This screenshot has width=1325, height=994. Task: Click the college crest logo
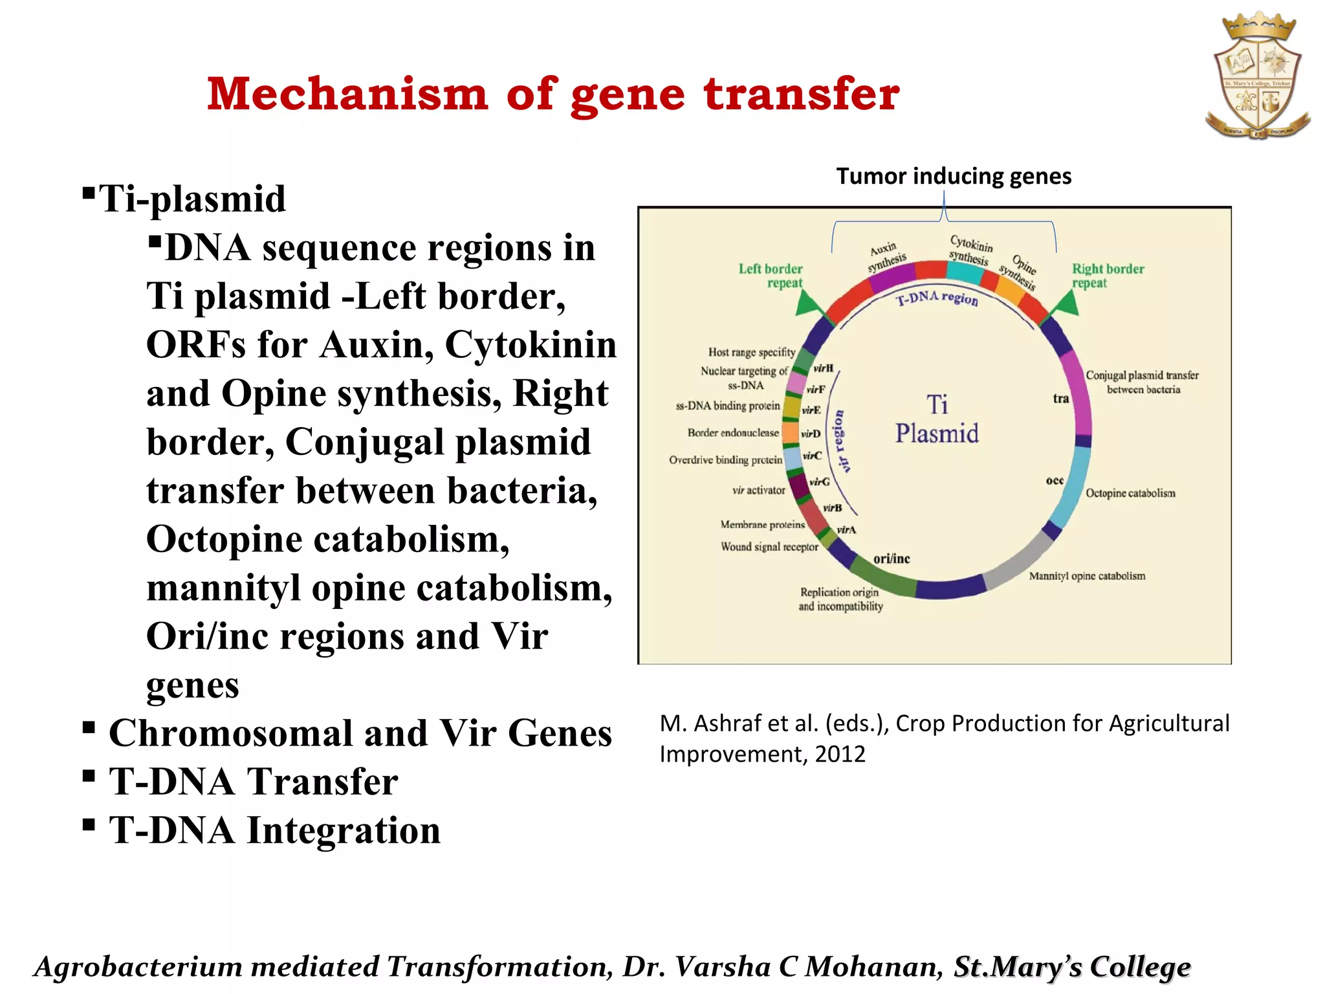tap(1258, 76)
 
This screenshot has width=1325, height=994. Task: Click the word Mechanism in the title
tap(347, 94)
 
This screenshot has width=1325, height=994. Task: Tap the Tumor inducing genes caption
tap(954, 176)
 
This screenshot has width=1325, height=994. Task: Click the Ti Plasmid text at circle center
tap(937, 419)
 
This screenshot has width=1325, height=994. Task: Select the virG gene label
tap(819, 481)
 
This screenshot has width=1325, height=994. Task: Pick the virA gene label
tap(846, 530)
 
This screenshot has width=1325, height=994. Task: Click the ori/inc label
tap(892, 558)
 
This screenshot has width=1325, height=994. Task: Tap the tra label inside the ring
tap(1060, 399)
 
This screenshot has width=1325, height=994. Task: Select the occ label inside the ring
tap(1055, 480)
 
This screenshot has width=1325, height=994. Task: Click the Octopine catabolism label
tap(1130, 493)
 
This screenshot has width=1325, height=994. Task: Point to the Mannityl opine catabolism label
tap(1087, 576)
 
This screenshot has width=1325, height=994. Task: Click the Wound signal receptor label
tap(769, 547)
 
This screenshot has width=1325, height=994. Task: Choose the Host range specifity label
tap(751, 352)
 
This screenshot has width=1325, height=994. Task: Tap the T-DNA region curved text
tap(937, 298)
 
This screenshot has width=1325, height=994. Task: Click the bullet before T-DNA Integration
tap(89, 824)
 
